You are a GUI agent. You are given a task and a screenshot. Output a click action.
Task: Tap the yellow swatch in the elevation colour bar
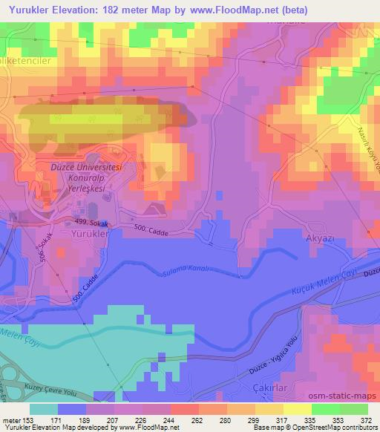[x=296, y=409]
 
